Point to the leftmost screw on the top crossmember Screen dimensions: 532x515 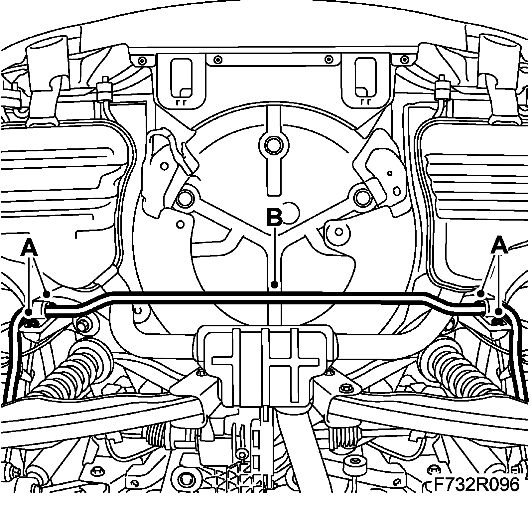click(142, 61)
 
